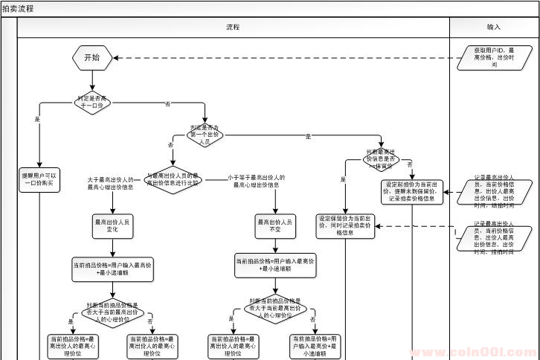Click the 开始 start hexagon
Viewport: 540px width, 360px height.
click(91, 57)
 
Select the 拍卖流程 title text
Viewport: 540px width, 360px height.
click(17, 7)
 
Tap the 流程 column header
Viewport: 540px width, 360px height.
click(233, 27)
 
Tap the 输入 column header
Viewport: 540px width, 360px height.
click(494, 27)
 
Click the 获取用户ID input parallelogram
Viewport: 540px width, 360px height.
click(494, 57)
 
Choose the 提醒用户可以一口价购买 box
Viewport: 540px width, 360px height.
click(39, 179)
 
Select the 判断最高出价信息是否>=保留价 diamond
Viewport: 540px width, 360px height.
click(382, 158)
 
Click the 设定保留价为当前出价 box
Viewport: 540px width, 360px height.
click(346, 225)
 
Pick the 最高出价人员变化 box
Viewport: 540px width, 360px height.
click(112, 225)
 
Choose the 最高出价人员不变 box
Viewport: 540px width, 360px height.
click(276, 225)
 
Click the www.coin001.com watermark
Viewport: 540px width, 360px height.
click(468, 352)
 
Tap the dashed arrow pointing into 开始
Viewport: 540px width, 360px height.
click(283, 58)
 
